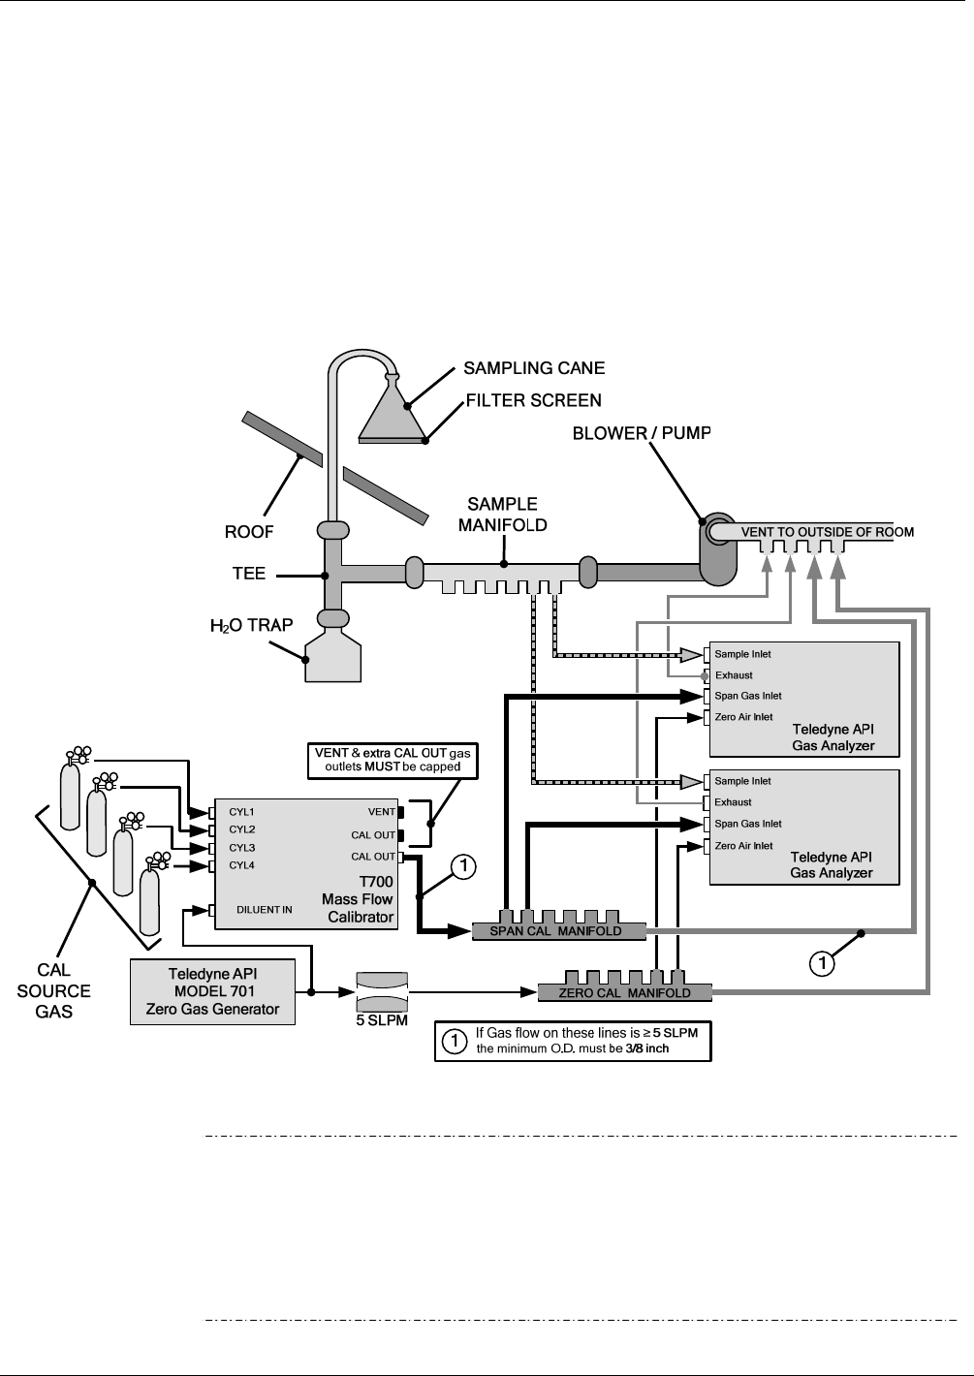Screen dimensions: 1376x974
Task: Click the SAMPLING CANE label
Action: click(x=533, y=368)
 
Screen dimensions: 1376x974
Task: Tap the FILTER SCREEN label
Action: click(x=533, y=400)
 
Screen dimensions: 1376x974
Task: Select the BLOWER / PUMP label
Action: click(x=642, y=433)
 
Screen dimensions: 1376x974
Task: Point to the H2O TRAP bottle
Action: click(x=332, y=656)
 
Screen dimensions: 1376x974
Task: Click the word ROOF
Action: click(x=249, y=532)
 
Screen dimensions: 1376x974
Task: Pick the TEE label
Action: click(x=249, y=574)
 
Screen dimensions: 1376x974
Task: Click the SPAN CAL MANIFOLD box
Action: click(x=559, y=931)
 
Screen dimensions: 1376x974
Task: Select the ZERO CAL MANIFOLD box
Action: click(x=624, y=992)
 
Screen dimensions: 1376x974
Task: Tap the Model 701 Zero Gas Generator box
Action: click(x=211, y=991)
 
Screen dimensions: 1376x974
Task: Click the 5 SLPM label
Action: click(x=382, y=1020)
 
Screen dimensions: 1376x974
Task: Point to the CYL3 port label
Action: click(x=242, y=848)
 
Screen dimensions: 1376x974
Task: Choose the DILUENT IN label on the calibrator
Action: click(x=265, y=910)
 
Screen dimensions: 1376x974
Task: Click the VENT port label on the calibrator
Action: click(x=382, y=811)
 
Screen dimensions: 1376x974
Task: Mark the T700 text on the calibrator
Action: click(x=376, y=882)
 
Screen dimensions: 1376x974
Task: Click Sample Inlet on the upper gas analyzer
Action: click(x=742, y=654)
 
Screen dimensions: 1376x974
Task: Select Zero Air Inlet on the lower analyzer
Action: click(x=743, y=846)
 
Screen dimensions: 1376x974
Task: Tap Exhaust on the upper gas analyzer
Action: click(x=734, y=675)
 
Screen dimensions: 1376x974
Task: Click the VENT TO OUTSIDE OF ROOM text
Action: click(x=827, y=532)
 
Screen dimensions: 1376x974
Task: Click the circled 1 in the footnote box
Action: click(x=452, y=1042)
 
